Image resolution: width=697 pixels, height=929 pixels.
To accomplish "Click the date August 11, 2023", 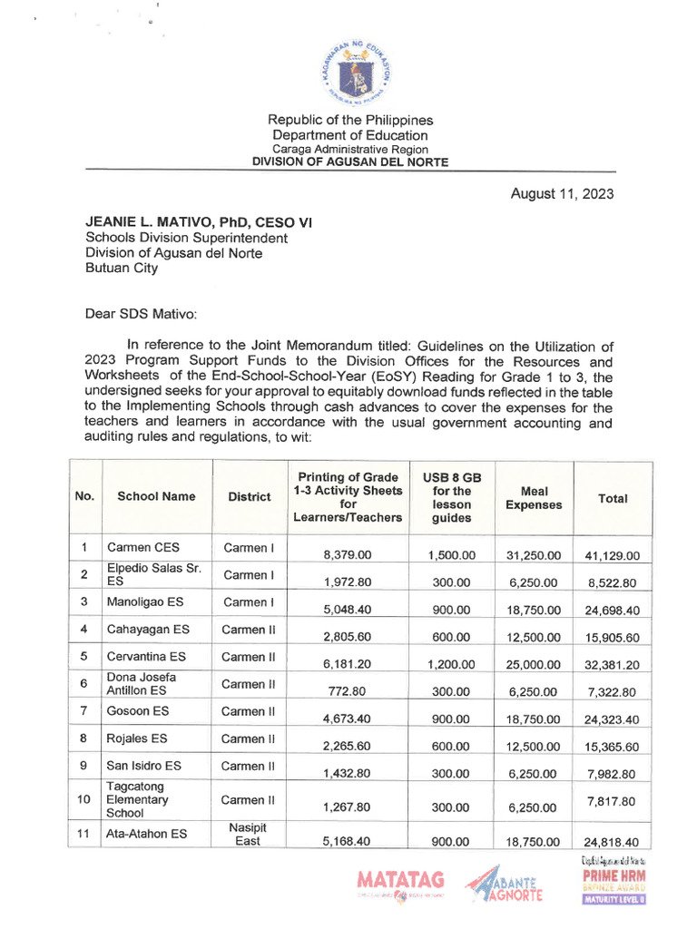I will [562, 193].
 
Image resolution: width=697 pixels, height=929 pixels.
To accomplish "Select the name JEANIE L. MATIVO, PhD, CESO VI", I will [199, 221].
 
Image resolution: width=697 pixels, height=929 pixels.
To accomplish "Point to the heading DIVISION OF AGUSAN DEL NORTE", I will [349, 162].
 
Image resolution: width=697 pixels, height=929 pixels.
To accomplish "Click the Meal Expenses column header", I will [534, 497].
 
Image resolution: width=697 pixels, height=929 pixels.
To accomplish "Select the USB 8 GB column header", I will [452, 497].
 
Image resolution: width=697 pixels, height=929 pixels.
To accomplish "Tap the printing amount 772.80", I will [347, 691].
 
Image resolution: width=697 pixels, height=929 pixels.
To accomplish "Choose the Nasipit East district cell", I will [248, 834].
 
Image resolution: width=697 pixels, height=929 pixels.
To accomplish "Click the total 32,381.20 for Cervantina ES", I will [612, 664].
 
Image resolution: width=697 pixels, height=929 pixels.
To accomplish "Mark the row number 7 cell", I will [84, 711].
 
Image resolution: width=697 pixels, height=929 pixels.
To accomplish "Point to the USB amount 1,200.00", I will [452, 664].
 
